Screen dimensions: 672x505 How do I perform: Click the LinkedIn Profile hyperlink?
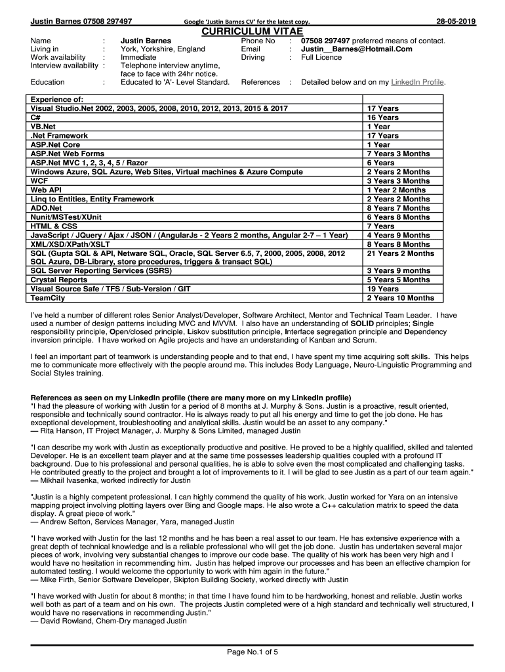point(418,82)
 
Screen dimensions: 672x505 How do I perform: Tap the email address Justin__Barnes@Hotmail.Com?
point(357,49)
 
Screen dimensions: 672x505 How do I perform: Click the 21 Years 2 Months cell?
point(401,253)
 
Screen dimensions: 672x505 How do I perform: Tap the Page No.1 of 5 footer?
point(253,652)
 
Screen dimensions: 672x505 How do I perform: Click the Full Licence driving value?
point(321,57)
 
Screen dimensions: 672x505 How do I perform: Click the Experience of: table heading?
point(57,99)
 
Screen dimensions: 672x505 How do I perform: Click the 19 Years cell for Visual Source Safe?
point(383,289)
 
